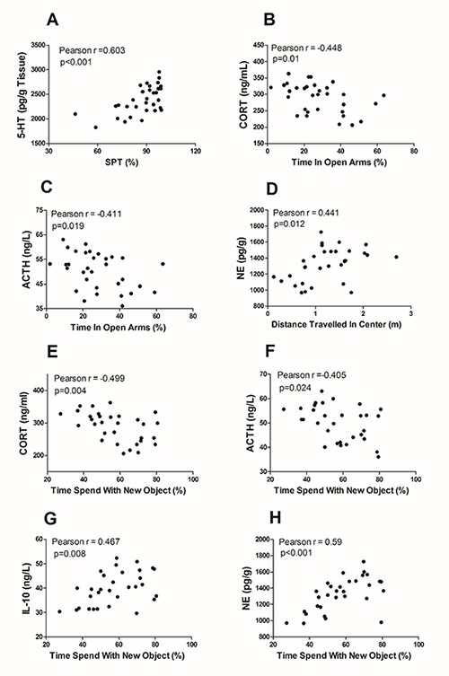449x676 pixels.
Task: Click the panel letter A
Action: click(x=52, y=20)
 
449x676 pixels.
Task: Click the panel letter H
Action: click(x=275, y=518)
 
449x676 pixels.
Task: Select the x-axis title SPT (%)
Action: click(x=122, y=162)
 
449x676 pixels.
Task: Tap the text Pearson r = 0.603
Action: click(x=92, y=50)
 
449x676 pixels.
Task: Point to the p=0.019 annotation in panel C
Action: click(x=67, y=226)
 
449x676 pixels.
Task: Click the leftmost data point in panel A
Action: click(x=75, y=114)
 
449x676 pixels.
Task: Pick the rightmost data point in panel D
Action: click(x=396, y=257)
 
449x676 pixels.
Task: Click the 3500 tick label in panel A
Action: click(x=39, y=45)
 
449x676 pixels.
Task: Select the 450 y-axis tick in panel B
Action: click(x=258, y=45)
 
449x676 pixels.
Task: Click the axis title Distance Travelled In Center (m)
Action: click(x=337, y=325)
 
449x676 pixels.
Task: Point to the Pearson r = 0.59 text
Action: click(x=311, y=542)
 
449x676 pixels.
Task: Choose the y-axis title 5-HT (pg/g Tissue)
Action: click(x=22, y=95)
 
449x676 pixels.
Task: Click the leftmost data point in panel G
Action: click(x=59, y=611)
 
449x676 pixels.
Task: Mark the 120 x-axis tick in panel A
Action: click(x=196, y=151)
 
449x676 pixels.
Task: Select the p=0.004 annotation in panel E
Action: click(x=70, y=391)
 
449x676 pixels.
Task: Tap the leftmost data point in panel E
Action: click(x=60, y=414)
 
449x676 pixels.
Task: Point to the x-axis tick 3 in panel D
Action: click(x=411, y=313)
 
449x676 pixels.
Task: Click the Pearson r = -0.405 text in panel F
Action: click(x=312, y=375)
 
